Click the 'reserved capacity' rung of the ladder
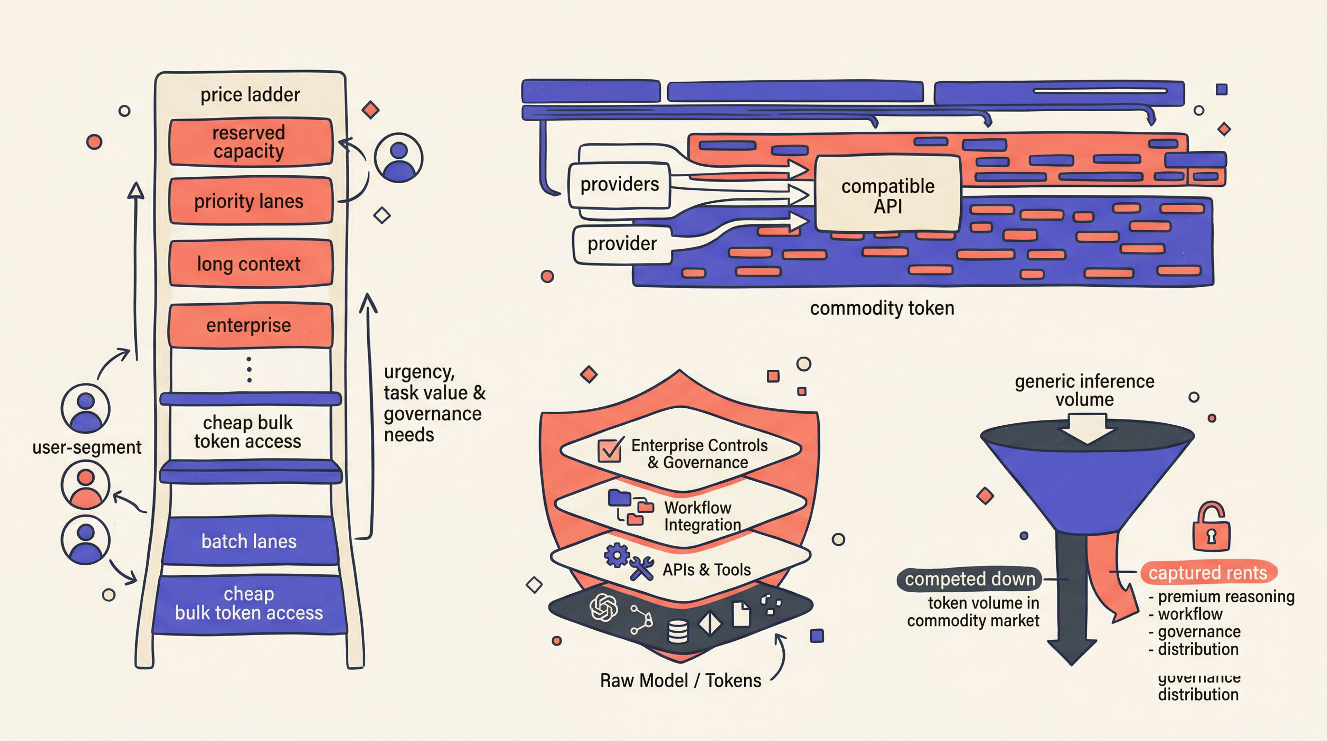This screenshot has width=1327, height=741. pyautogui.click(x=250, y=142)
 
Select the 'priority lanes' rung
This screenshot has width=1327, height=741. pyautogui.click(x=250, y=201)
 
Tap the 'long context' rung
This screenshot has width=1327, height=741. pyautogui.click(x=250, y=263)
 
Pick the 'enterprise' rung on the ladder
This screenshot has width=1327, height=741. pyautogui.click(x=250, y=325)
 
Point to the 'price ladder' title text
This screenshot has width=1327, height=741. pyautogui.click(x=250, y=95)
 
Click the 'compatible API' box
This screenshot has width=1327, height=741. pyautogui.click(x=887, y=195)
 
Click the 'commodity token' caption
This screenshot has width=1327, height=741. pyautogui.click(x=882, y=308)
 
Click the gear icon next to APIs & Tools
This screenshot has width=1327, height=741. pyautogui.click(x=616, y=556)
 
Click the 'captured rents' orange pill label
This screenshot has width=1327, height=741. pyautogui.click(x=1207, y=573)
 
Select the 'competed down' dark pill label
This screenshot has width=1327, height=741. pyautogui.click(x=969, y=579)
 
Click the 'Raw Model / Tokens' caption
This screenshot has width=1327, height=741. pyautogui.click(x=680, y=681)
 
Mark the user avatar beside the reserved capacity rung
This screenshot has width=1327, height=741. pyautogui.click(x=398, y=157)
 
